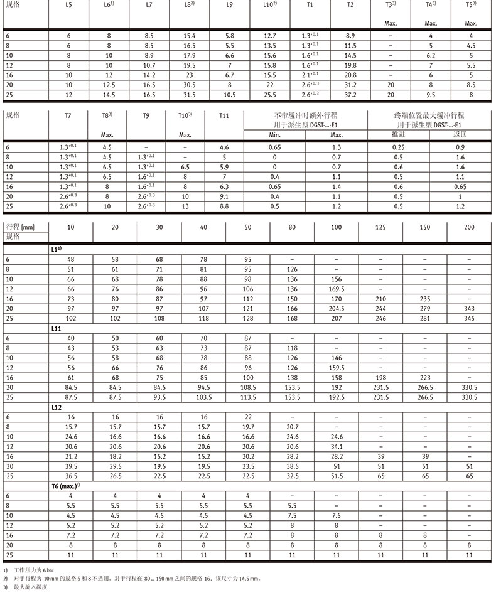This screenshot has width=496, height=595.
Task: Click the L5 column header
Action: click(68, 4)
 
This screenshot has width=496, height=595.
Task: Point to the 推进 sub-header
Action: click(398, 135)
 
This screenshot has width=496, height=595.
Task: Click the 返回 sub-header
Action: click(461, 135)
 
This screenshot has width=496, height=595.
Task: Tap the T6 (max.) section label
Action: click(65, 486)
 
